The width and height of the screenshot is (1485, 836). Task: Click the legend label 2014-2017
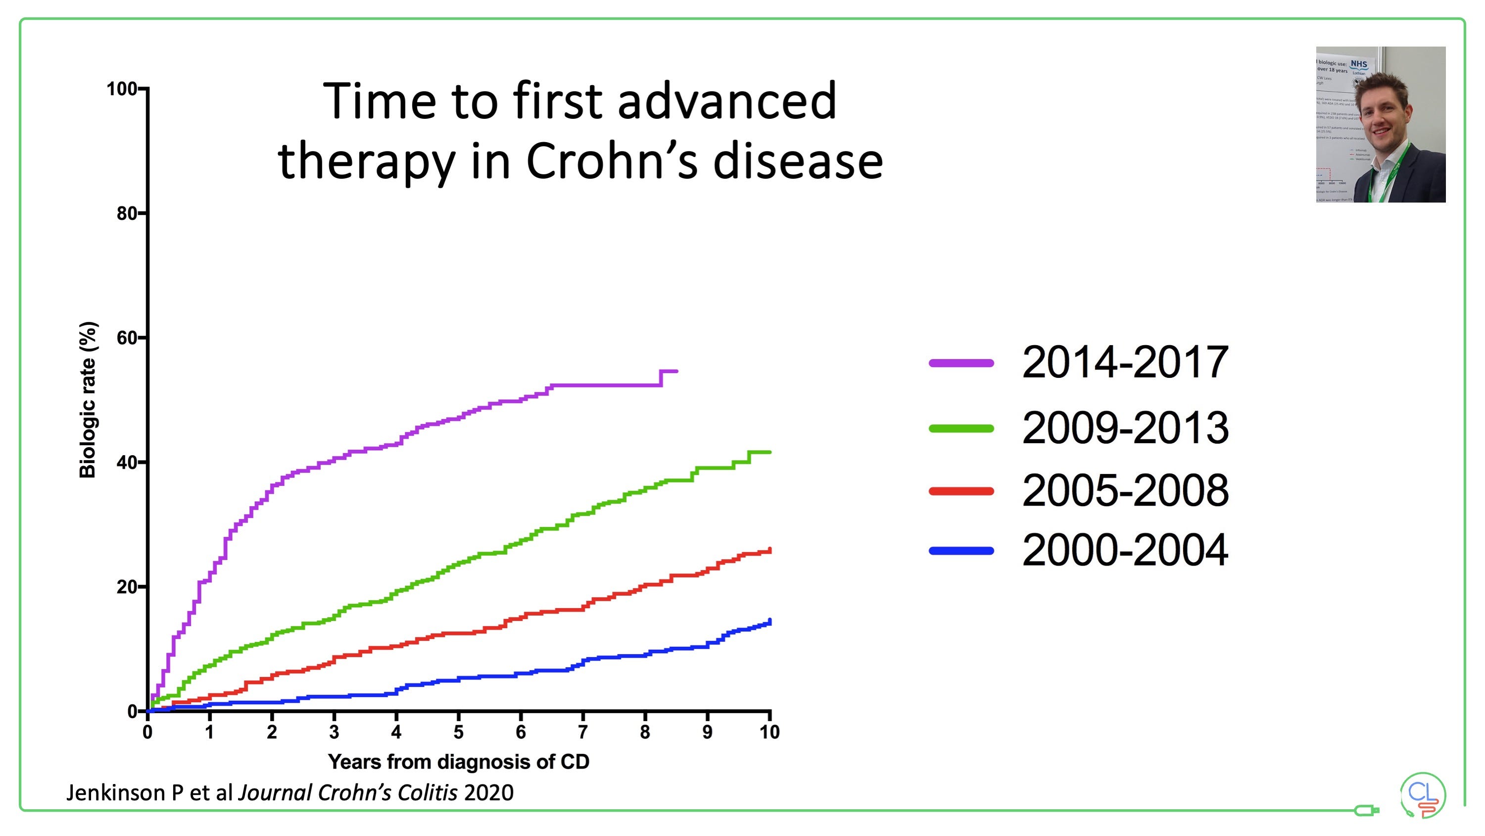pyautogui.click(x=1125, y=363)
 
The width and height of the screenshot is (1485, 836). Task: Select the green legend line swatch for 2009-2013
pyautogui.click(x=961, y=428)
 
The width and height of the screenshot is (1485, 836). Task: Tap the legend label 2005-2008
pyautogui.click(x=1125, y=490)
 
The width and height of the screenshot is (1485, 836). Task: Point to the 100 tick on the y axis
pyautogui.click(x=122, y=90)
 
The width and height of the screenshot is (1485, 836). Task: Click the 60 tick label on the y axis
pyautogui.click(x=127, y=338)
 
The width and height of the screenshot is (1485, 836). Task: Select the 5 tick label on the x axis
pyautogui.click(x=458, y=732)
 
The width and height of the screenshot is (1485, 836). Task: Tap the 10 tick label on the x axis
pyautogui.click(x=769, y=732)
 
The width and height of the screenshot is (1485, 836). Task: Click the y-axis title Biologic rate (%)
pyautogui.click(x=87, y=400)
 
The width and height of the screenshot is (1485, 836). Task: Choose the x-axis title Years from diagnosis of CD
pyautogui.click(x=458, y=762)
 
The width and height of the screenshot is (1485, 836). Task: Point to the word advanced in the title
pyautogui.click(x=727, y=101)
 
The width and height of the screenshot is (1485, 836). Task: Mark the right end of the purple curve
pyautogui.click(x=676, y=371)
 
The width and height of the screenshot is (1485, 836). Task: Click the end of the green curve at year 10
pyautogui.click(x=769, y=452)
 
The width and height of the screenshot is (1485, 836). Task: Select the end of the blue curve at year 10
pyautogui.click(x=769, y=622)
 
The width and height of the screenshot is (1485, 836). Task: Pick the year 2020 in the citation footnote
pyautogui.click(x=488, y=793)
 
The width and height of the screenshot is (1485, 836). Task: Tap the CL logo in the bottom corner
pyautogui.click(x=1423, y=795)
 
